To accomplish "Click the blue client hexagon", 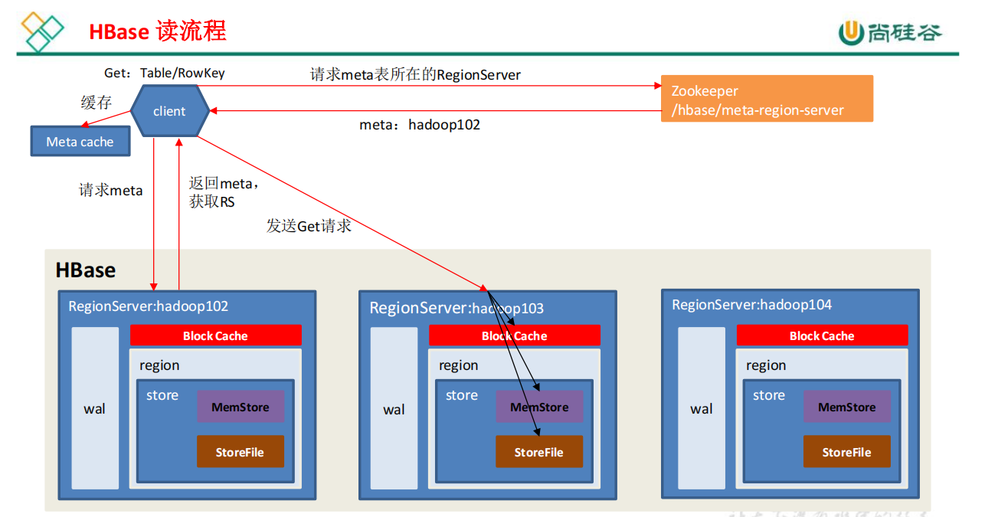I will (169, 111).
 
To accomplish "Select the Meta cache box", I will (80, 142).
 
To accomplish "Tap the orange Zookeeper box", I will (767, 99).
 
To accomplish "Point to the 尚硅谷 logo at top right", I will (889, 32).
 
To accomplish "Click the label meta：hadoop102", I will (420, 124).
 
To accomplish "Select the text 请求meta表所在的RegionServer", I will (415, 74).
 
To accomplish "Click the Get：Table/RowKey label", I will (164, 73).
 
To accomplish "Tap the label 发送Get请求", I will (309, 225).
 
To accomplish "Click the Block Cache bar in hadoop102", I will (215, 335).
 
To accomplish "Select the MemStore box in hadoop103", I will (539, 407).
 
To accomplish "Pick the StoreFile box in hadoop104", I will (846, 452).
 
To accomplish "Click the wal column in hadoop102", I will (95, 408).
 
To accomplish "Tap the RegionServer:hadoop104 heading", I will (751, 305).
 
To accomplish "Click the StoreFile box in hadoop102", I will (240, 452).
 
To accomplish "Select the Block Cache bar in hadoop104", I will (822, 335).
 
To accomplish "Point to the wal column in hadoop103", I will (394, 409).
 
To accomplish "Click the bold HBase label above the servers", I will (85, 270).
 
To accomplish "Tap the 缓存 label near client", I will (97, 103).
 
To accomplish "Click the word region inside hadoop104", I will (766, 365).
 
